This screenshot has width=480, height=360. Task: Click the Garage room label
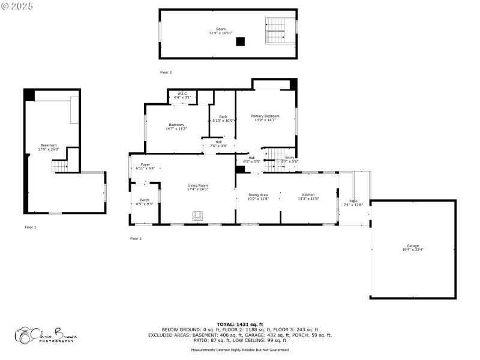pos(413,247)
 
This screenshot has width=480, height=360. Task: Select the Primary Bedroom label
pos(265,116)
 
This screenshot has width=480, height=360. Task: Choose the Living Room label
pos(197,187)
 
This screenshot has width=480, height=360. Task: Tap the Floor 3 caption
pos(166,73)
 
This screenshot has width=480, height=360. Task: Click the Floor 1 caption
pos(31,227)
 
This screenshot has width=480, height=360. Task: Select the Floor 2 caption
pos(136,239)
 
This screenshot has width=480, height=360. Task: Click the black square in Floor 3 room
pos(241,41)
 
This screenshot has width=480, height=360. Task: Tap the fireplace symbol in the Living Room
pos(197,216)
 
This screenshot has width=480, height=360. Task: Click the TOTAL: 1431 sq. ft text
pos(240,323)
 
